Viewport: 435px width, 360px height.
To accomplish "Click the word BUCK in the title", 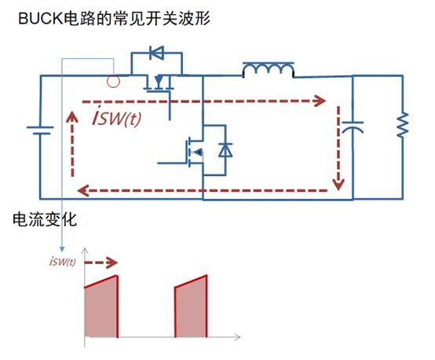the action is point(41,19).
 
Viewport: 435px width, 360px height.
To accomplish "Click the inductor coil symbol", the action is point(269,70).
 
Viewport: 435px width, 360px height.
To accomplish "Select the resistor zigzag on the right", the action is point(403,125).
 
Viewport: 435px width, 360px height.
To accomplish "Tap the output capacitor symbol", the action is point(353,127).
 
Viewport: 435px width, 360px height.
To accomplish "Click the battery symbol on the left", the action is point(40,130).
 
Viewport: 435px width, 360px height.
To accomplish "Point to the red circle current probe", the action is point(113,82).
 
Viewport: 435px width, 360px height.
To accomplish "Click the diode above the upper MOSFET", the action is point(157,53).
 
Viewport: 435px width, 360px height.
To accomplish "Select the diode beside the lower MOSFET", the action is point(225,150).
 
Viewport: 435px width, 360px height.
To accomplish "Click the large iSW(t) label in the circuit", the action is point(117,117).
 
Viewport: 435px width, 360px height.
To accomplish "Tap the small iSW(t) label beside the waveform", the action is point(63,261).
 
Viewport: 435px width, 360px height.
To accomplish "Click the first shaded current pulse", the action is point(101,307).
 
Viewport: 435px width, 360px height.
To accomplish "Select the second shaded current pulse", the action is point(191,306).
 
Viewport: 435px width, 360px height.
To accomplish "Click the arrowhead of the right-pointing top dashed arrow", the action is point(320,101).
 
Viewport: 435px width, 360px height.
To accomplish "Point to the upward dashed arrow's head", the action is point(72,117).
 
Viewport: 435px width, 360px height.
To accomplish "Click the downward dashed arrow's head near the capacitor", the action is point(338,185).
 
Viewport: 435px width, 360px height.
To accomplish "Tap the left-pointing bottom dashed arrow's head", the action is point(83,190).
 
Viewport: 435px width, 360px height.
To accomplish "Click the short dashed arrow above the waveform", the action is point(101,263).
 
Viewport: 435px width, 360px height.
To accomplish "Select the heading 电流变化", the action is point(45,219).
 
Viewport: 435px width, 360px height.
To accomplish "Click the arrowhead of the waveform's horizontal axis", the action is point(237,337).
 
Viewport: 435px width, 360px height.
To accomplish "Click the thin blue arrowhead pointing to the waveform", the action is point(62,249).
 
